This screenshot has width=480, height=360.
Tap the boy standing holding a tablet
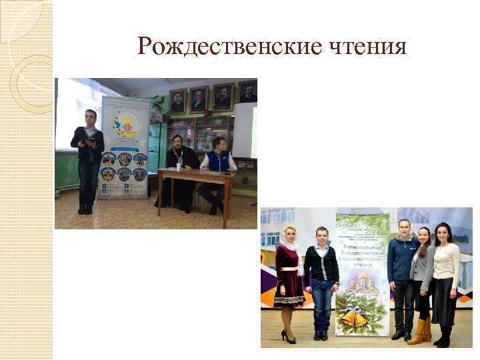tap(87, 160)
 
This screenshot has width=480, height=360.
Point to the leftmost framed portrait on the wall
tap(178, 101)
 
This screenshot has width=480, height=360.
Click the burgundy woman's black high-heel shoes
tap(289, 337)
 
